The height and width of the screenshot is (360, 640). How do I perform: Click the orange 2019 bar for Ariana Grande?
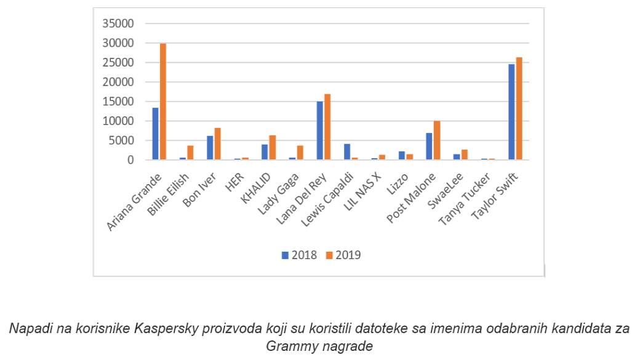pos(163,102)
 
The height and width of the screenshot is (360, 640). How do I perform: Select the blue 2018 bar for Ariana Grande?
pos(156,134)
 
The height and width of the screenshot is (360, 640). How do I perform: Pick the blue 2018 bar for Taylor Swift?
pos(511,112)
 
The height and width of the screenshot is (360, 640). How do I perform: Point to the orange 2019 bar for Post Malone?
pos(437,140)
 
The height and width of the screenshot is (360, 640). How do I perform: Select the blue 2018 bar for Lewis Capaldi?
pos(347,152)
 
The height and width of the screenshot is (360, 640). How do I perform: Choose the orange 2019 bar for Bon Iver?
pos(218,144)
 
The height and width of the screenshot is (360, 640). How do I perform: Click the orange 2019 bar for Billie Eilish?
pos(191,153)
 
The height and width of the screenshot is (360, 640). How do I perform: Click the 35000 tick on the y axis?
pos(121,23)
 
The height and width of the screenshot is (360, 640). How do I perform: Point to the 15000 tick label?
pos(121,102)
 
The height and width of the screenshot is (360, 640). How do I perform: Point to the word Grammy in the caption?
pos(287,346)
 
